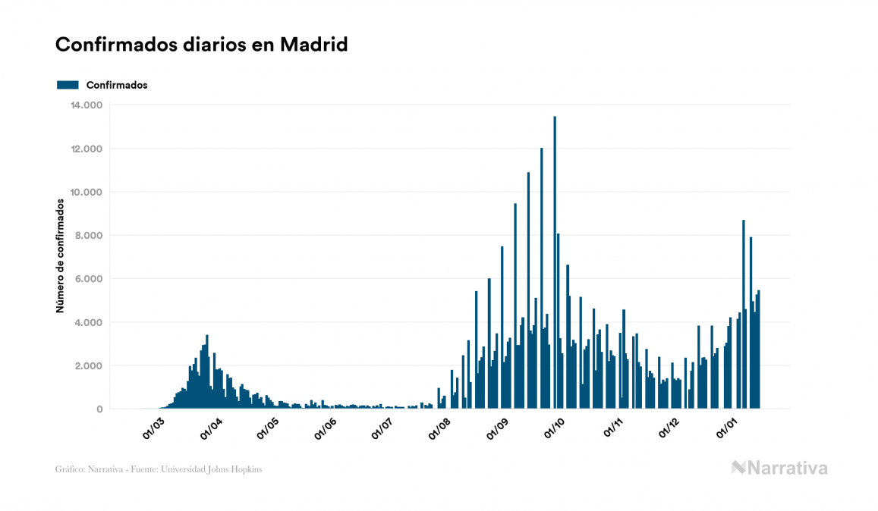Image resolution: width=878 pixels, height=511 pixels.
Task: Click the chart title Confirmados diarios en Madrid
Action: click(x=201, y=45)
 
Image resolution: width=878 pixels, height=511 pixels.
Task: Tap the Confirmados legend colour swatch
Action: click(x=68, y=85)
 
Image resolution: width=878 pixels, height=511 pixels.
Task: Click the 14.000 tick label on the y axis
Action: click(x=88, y=105)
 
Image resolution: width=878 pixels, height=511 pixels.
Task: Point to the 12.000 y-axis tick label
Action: click(x=88, y=149)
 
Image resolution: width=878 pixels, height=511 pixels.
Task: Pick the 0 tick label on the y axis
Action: click(x=99, y=409)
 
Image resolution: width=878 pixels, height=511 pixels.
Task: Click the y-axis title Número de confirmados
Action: click(x=60, y=255)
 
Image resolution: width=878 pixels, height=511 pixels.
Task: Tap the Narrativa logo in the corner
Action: click(x=779, y=468)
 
